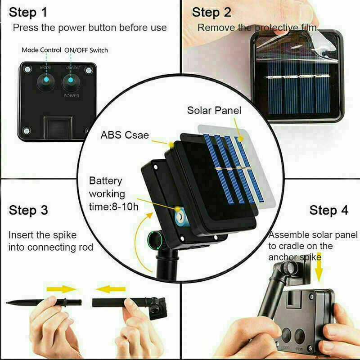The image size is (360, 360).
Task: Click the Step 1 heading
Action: point(28,12)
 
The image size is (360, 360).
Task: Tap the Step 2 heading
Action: point(211,12)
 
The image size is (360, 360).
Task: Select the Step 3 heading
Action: point(28,210)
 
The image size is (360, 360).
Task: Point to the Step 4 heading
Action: point(328,210)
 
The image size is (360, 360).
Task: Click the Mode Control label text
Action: point(41,50)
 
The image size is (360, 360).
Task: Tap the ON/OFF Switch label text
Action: point(86,50)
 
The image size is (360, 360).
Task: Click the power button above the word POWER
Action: point(71,82)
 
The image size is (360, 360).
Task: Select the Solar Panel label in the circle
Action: point(214,110)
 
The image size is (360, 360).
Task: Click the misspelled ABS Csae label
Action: point(125,135)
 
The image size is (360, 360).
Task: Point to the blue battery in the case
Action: point(181,217)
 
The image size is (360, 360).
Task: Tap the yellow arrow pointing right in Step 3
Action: point(61,289)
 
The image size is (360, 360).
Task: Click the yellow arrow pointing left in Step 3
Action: point(111,289)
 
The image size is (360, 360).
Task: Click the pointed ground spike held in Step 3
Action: point(44,302)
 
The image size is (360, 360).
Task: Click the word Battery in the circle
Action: point(106,181)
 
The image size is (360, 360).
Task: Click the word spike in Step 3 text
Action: point(65,235)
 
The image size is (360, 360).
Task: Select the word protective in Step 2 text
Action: point(277,28)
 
